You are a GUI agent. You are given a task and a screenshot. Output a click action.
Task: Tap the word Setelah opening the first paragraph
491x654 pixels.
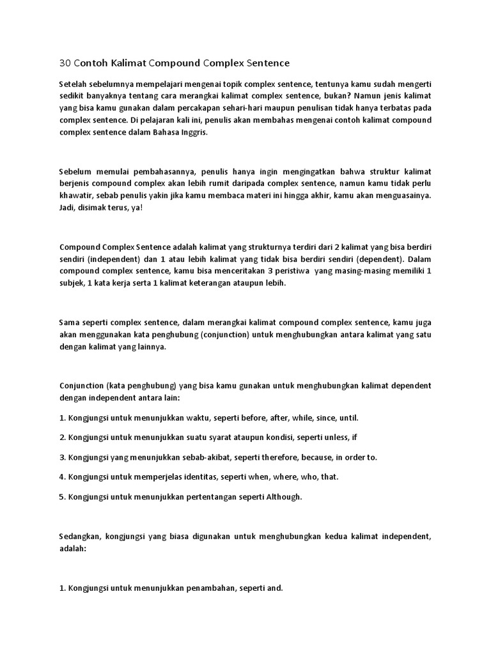tap(74, 84)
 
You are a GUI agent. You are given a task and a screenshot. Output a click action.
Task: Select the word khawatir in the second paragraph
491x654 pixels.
tap(75, 196)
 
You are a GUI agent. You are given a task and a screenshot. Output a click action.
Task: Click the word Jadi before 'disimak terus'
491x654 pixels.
tap(68, 208)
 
